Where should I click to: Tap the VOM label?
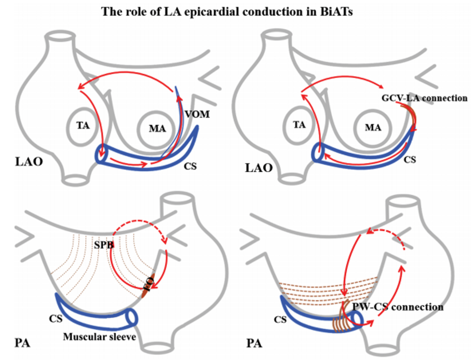(x=197, y=114)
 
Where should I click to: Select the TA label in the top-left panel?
(x=83, y=125)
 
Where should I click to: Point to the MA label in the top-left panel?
(x=157, y=129)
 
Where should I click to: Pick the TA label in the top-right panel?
(x=299, y=125)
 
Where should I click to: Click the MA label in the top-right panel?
(x=373, y=127)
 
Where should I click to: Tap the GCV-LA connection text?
(x=424, y=98)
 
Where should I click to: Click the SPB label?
(x=104, y=245)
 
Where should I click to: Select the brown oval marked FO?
(x=149, y=284)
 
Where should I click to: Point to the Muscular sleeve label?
(x=99, y=336)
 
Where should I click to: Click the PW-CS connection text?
(x=398, y=307)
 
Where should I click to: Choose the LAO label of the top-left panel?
(x=29, y=161)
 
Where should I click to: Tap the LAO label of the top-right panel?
(x=259, y=168)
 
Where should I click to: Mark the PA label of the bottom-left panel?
(x=22, y=343)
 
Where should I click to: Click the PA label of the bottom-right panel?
(x=254, y=343)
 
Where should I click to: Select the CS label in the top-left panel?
(x=190, y=166)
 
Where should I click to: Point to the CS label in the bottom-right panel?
(x=280, y=320)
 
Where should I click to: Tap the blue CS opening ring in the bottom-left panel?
(x=131, y=317)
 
